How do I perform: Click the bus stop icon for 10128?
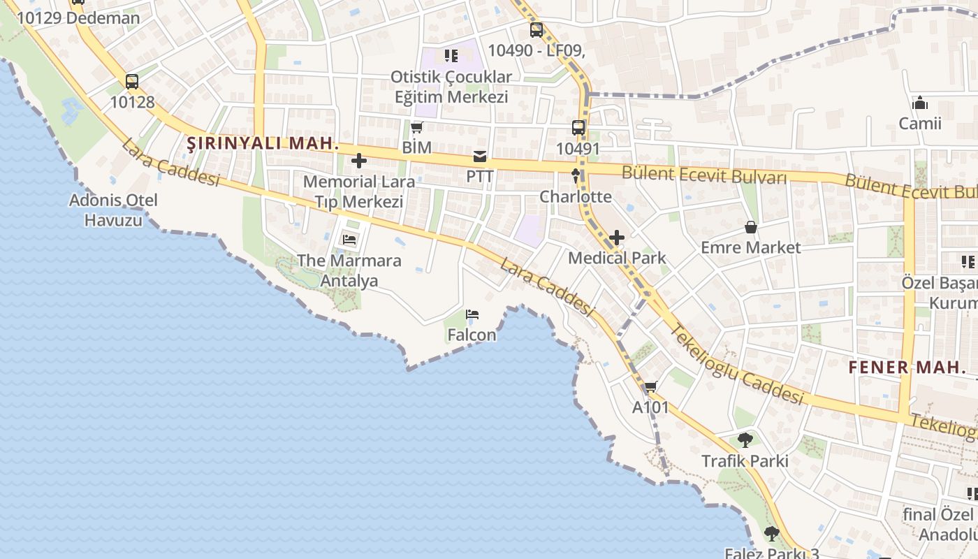click(132, 82)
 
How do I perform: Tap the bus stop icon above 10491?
click(578, 128)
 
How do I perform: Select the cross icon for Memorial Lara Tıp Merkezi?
click(359, 161)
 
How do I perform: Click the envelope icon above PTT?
click(480, 156)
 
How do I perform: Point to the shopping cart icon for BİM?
click(417, 127)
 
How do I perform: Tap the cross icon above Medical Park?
click(616, 238)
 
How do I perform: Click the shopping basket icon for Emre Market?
click(750, 227)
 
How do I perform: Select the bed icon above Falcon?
click(472, 314)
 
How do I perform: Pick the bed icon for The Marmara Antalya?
click(349, 240)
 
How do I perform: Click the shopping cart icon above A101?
click(651, 386)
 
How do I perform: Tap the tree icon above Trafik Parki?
click(745, 440)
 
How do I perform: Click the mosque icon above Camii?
click(920, 103)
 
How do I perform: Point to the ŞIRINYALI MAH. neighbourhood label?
click(263, 144)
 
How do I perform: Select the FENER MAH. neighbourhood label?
click(898, 367)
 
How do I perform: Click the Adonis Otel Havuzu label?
click(113, 210)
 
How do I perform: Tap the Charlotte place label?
click(576, 196)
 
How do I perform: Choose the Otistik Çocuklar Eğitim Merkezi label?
click(451, 87)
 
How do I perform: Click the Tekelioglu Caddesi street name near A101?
click(737, 365)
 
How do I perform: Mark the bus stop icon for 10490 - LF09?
click(536, 30)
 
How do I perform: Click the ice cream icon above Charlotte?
click(576, 175)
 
